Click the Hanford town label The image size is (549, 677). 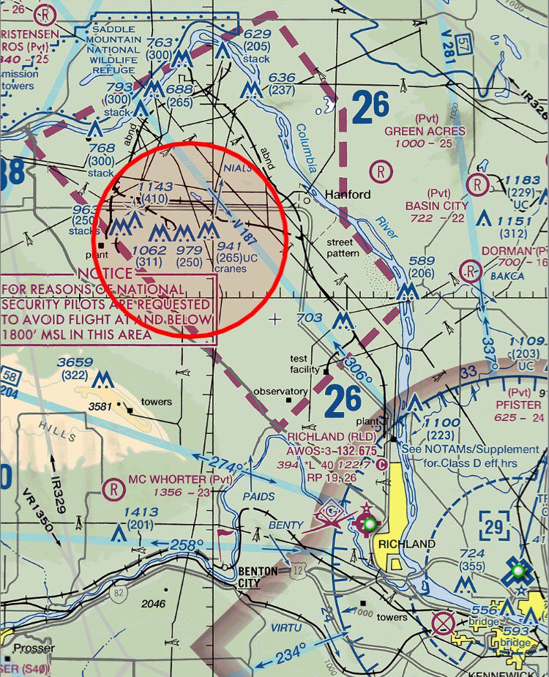(347, 195)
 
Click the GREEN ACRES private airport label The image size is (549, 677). (425, 131)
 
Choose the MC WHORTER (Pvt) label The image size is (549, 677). (169, 480)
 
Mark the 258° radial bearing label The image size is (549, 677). (186, 545)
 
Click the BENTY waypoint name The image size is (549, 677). (285, 525)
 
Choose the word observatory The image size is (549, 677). (280, 392)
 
